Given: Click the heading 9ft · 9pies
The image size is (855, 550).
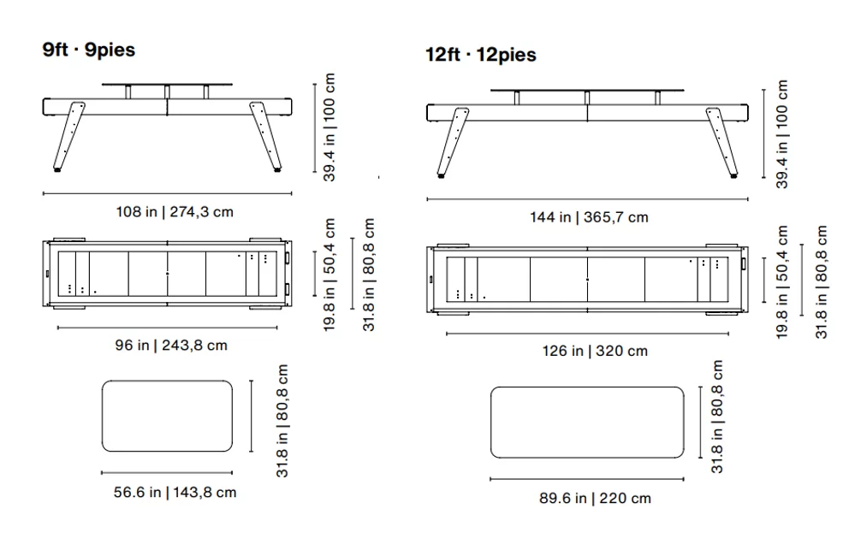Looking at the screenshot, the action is [89, 50].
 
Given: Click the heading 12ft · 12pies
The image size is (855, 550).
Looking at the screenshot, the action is [481, 55].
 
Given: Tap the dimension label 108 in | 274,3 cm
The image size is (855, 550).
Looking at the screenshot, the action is [175, 211].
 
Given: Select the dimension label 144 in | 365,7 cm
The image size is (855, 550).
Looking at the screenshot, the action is [590, 217].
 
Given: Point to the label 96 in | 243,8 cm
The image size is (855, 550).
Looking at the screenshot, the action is [171, 345].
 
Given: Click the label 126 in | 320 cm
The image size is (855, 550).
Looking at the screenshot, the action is [595, 351].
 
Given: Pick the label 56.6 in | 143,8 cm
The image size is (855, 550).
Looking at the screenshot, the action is [175, 492].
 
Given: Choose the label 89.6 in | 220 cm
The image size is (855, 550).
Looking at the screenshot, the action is [595, 498].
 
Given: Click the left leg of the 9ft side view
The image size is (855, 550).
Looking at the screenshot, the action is [68, 136].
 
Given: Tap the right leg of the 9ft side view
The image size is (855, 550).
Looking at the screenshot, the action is [266, 136].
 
